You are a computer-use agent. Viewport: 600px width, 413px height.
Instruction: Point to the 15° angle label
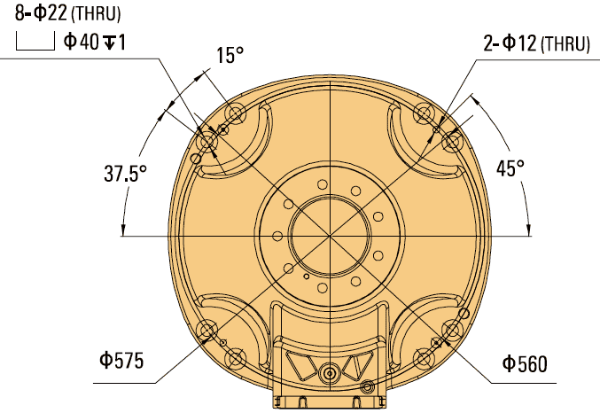click(x=229, y=55)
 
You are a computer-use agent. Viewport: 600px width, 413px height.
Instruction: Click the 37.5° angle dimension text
click(x=121, y=174)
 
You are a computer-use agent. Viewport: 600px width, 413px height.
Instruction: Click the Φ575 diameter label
click(x=121, y=361)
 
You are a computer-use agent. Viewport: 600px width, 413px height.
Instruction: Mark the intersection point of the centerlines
click(x=328, y=236)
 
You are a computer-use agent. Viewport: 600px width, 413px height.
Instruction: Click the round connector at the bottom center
click(x=330, y=373)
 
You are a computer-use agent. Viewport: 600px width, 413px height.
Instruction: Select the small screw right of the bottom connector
click(x=368, y=386)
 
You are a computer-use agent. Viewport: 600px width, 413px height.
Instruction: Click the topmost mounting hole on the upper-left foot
click(x=236, y=113)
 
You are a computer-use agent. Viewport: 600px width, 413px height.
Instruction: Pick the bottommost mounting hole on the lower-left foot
click(x=236, y=358)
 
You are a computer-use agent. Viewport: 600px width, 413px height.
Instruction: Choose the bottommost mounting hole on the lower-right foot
click(x=423, y=358)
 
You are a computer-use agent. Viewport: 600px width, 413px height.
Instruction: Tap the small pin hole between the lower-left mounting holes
click(x=223, y=343)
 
